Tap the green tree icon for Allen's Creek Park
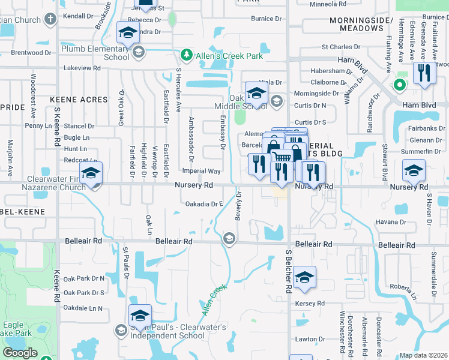[187, 56]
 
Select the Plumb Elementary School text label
[95, 52]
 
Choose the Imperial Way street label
[205, 172]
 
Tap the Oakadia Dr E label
[204, 204]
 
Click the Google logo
[20, 352]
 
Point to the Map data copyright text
[424, 355]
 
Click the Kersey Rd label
[310, 304]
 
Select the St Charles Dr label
[341, 46]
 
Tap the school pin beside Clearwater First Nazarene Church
[91, 173]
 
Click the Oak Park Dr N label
[83, 278]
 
